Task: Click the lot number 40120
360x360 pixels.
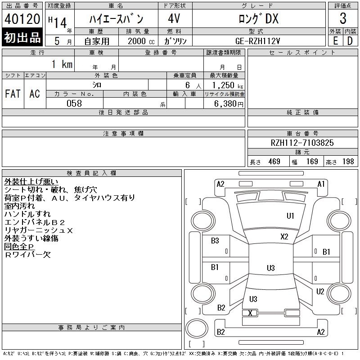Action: pos(22,19)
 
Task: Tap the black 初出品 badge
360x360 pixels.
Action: pos(22,37)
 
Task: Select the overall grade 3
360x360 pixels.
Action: pos(343,18)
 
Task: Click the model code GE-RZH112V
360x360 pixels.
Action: pos(257,41)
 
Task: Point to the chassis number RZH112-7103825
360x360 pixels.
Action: pos(302,143)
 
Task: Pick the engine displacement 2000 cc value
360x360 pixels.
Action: pos(141,41)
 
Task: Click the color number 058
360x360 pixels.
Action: pos(74,103)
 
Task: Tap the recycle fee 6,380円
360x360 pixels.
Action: pos(229,104)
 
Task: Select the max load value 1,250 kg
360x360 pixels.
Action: pos(227,85)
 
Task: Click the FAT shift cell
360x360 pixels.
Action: pos(13,94)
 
